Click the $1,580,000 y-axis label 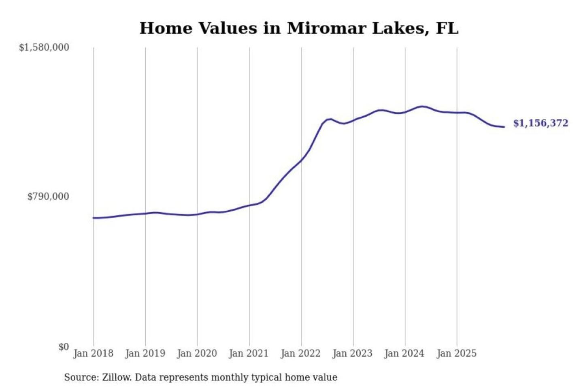pyautogui.click(x=44, y=47)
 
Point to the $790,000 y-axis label pyautogui.click(x=48, y=197)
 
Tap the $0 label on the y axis pyautogui.click(x=64, y=347)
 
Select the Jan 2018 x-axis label pyautogui.click(x=94, y=353)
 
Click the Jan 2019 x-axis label pyautogui.click(x=145, y=353)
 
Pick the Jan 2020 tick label pyautogui.click(x=197, y=353)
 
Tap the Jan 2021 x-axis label pyautogui.click(x=249, y=353)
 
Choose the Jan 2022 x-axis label pyautogui.click(x=301, y=353)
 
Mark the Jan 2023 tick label pyautogui.click(x=353, y=353)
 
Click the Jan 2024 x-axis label pyautogui.click(x=404, y=353)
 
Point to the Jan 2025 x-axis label pyautogui.click(x=457, y=353)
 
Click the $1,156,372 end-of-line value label pyautogui.click(x=541, y=123)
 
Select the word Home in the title pyautogui.click(x=166, y=28)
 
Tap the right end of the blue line pyautogui.click(x=504, y=127)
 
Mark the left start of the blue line pyautogui.click(x=94, y=218)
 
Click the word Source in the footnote pyautogui.click(x=81, y=378)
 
